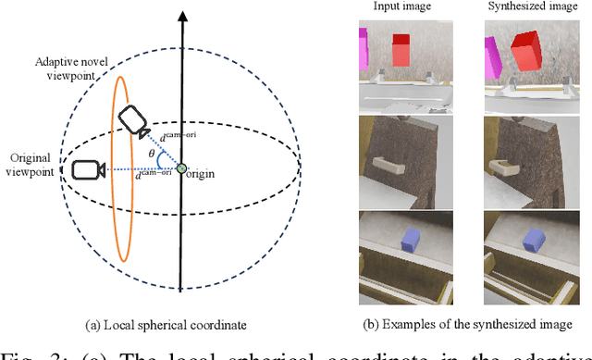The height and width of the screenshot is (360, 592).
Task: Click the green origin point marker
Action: [182, 168]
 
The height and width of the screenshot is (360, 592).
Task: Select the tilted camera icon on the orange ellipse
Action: [131, 120]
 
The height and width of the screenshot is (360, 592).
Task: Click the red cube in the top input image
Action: [401, 50]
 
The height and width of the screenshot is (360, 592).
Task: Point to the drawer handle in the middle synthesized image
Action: [508, 167]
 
